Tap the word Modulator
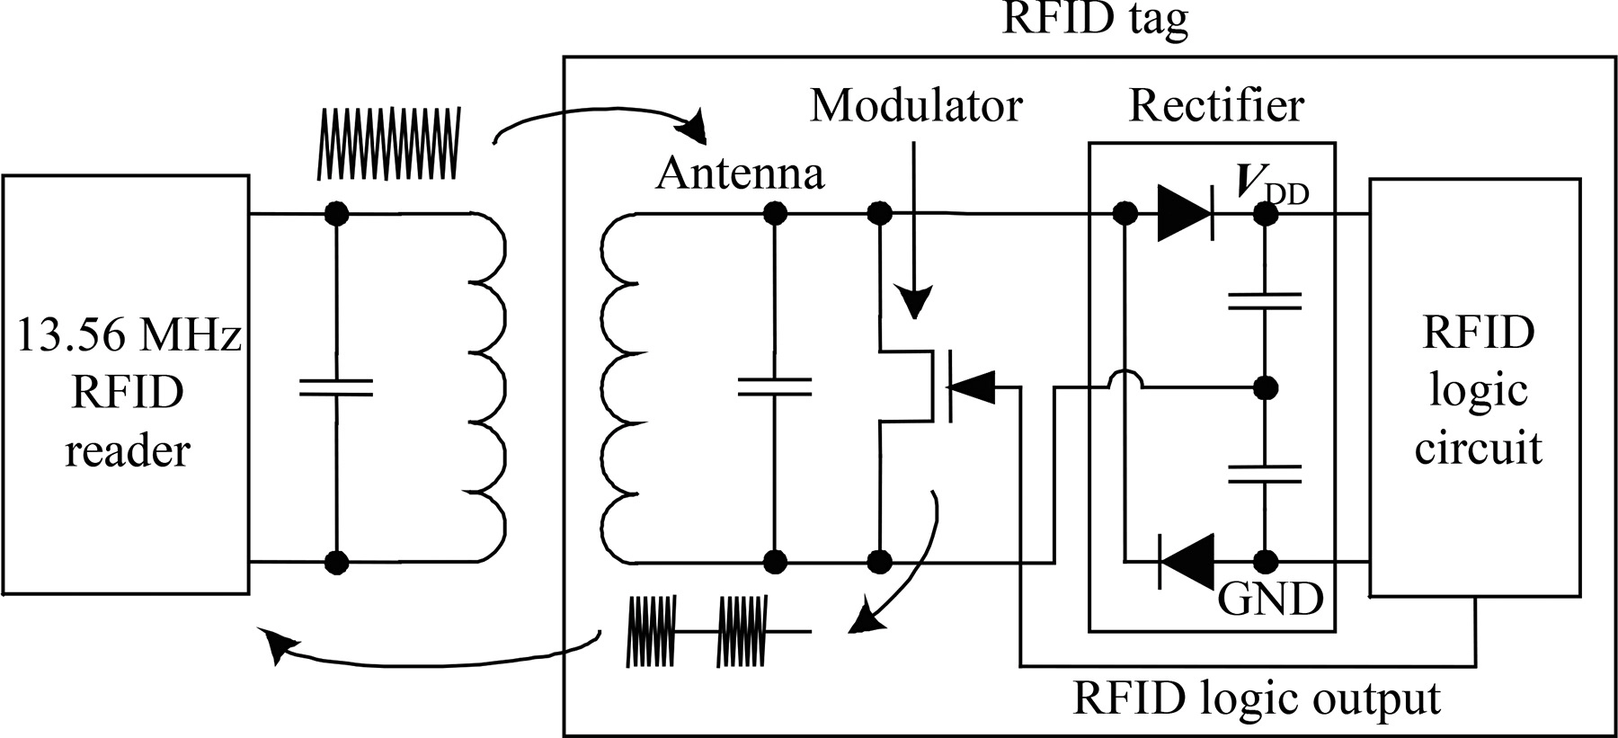pyautogui.click(x=916, y=105)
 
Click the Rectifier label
pyautogui.click(x=1215, y=106)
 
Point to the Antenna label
pyautogui.click(x=740, y=173)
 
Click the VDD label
pyautogui.click(x=1271, y=185)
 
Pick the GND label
pyautogui.click(x=1269, y=598)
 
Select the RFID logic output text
pyautogui.click(x=1256, y=698)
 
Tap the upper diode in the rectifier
pyautogui.click(x=1185, y=213)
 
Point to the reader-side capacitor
pyautogui.click(x=335, y=387)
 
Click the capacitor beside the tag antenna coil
pyautogui.click(x=773, y=387)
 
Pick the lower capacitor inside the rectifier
pyautogui.click(x=1266, y=474)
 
